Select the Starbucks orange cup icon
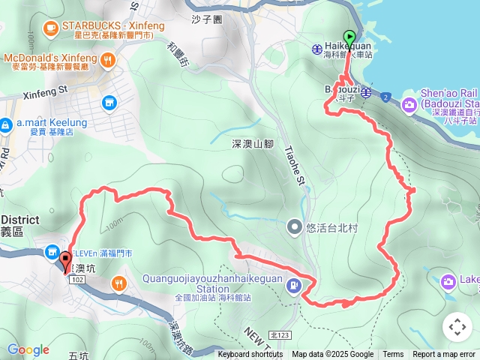pos(50,29)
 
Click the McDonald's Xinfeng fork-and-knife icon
pos(109,58)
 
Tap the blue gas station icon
pos(295,285)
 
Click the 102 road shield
pos(76,279)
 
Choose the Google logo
pos(28,350)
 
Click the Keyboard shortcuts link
pos(250,355)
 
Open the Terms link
pos(393,355)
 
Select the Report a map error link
pos(444,355)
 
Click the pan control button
pos(457,326)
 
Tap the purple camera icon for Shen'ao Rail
pos(409,103)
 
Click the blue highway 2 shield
pos(385,97)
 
